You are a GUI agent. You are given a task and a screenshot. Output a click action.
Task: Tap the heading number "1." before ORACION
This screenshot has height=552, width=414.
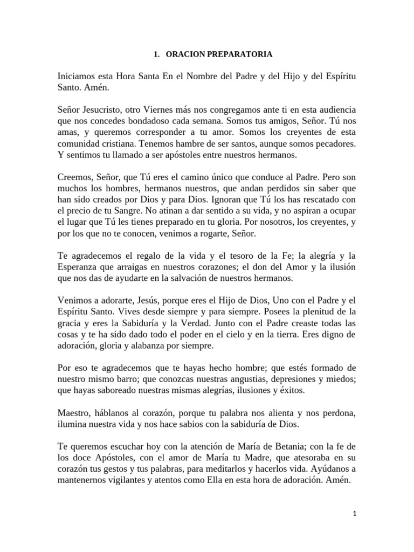pos(156,54)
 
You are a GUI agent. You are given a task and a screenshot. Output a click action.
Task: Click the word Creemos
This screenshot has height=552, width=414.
pos(73,177)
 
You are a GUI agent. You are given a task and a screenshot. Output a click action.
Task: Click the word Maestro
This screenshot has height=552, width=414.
pos(73,413)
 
